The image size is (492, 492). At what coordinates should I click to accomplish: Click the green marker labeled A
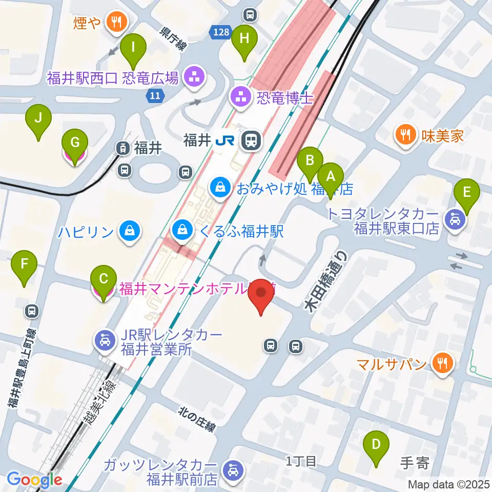click(x=331, y=177)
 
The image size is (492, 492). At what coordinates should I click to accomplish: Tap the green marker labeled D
click(x=376, y=444)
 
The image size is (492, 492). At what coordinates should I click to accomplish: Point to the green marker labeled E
click(x=467, y=193)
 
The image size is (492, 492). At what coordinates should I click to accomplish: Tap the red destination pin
click(x=261, y=295)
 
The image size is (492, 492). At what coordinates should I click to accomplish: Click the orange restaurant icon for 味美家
click(x=405, y=135)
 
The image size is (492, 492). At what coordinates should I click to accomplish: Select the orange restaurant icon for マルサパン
click(x=441, y=364)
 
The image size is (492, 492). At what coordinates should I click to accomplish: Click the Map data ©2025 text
click(x=449, y=484)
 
